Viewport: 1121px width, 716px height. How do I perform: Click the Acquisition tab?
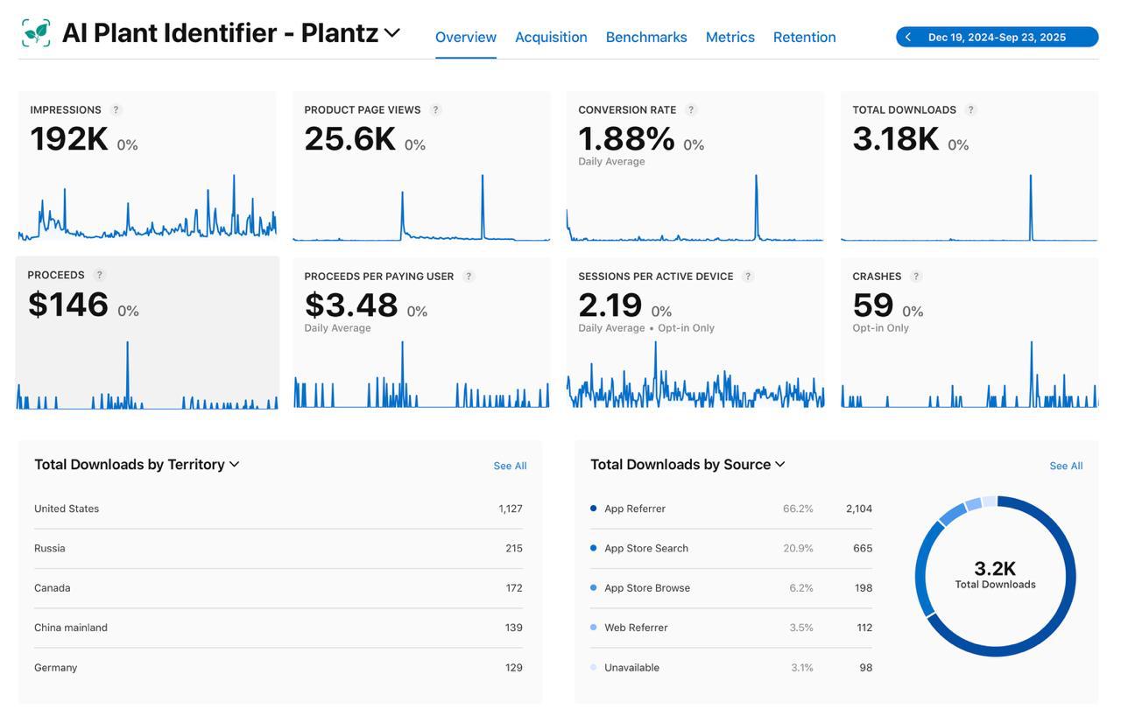point(551,37)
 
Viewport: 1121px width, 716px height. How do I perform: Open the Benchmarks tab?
point(646,37)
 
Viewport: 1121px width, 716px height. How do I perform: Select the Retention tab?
point(804,37)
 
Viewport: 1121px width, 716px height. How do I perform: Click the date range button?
point(997,37)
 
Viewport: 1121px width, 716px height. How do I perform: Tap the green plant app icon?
point(36,33)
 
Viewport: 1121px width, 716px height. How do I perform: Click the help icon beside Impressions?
point(116,110)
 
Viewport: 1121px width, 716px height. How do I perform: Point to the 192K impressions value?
point(69,139)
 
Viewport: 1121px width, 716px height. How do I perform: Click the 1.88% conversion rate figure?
point(626,138)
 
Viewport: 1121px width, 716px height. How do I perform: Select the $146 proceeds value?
point(68,305)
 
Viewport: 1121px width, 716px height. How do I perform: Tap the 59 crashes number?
point(872,305)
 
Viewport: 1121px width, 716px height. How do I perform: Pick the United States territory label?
point(67,509)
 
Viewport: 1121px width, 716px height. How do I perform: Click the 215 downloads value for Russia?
point(513,548)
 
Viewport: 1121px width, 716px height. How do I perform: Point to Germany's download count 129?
point(513,668)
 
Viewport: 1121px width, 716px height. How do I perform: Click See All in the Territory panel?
point(510,466)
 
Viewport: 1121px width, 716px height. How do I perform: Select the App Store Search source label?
point(646,548)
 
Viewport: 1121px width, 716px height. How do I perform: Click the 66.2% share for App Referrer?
point(798,509)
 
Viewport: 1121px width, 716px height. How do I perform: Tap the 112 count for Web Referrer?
point(864,628)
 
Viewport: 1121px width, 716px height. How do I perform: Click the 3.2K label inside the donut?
point(995,569)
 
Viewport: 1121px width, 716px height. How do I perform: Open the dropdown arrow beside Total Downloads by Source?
point(780,464)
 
